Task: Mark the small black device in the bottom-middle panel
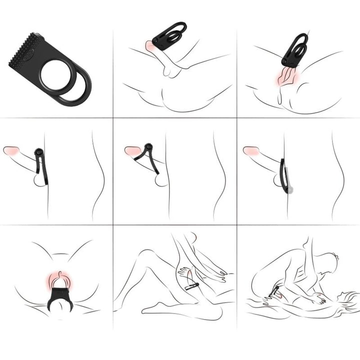click(x=192, y=286)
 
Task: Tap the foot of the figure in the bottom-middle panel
click(x=159, y=306)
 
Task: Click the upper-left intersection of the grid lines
click(x=113, y=118)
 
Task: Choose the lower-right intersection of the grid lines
click(x=237, y=225)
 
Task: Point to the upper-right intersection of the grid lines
click(x=237, y=118)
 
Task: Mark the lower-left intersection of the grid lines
click(x=113, y=225)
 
